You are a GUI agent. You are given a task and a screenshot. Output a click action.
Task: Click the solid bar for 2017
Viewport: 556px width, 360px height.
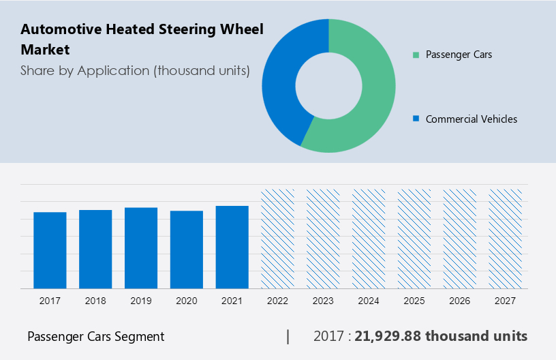(50, 250)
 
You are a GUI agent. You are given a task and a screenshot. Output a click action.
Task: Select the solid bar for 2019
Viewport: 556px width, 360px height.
(141, 247)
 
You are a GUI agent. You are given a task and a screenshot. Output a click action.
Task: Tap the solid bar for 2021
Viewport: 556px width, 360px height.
(232, 247)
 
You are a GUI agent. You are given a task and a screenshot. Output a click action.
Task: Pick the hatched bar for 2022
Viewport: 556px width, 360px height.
(277, 239)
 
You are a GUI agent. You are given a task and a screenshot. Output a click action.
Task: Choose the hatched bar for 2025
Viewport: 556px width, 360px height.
(414, 239)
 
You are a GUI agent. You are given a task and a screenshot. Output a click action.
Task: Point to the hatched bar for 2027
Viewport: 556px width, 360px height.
(506, 239)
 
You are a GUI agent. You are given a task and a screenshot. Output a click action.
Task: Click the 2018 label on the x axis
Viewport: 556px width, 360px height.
(95, 301)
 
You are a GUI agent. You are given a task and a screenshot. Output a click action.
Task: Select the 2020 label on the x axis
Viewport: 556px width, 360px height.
(187, 301)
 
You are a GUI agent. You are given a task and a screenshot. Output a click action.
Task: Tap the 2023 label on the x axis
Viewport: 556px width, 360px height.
(323, 301)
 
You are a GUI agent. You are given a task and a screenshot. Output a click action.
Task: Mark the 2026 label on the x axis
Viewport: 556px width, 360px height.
(460, 301)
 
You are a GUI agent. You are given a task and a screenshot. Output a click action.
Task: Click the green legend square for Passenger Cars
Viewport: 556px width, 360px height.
(416, 55)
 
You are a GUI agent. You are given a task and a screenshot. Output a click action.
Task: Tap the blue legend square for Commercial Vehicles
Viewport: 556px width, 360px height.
(416, 119)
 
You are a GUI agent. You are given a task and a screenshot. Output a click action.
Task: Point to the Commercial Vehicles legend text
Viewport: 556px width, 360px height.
(472, 119)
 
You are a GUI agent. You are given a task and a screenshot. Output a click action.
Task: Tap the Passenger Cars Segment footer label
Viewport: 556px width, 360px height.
(95, 336)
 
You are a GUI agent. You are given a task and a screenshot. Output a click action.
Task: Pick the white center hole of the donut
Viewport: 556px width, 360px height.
(328, 85)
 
